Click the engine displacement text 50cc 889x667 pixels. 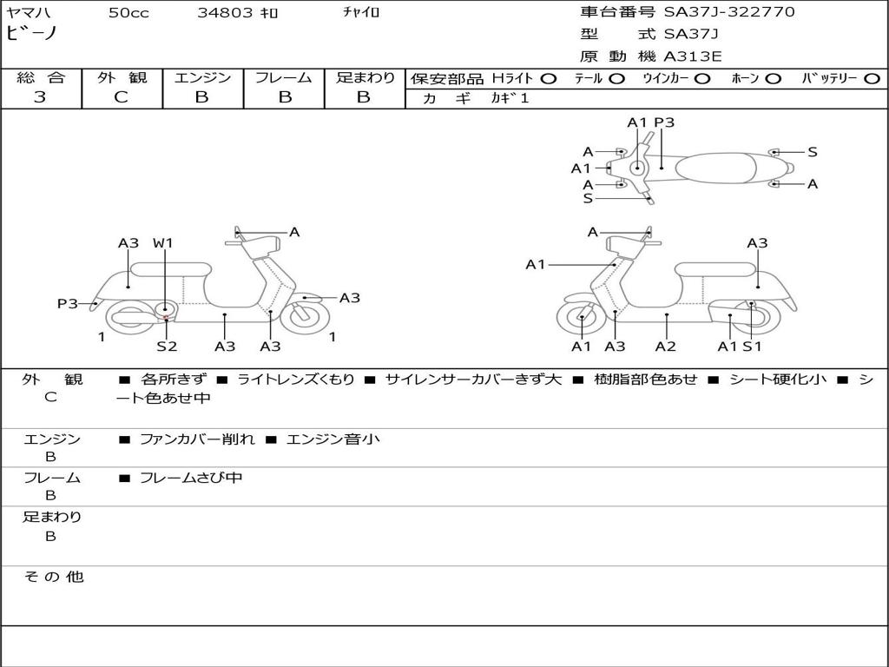pos(128,13)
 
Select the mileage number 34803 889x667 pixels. pos(225,13)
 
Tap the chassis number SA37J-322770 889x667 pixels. pos(729,12)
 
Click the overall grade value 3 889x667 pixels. pos(40,97)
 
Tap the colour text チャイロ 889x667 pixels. pos(362,13)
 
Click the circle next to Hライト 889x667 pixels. pos(549,79)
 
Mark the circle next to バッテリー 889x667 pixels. pos(872,79)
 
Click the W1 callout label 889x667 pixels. pos(163,243)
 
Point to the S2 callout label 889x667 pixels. pos(167,347)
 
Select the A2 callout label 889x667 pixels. pos(666,347)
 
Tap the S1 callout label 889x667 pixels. pos(752,347)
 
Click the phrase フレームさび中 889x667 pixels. pos(191,478)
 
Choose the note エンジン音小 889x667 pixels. pos(333,439)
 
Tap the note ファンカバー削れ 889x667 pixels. pos(197,439)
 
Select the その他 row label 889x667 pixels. pos(53,577)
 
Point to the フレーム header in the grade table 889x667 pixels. pos(284,78)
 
